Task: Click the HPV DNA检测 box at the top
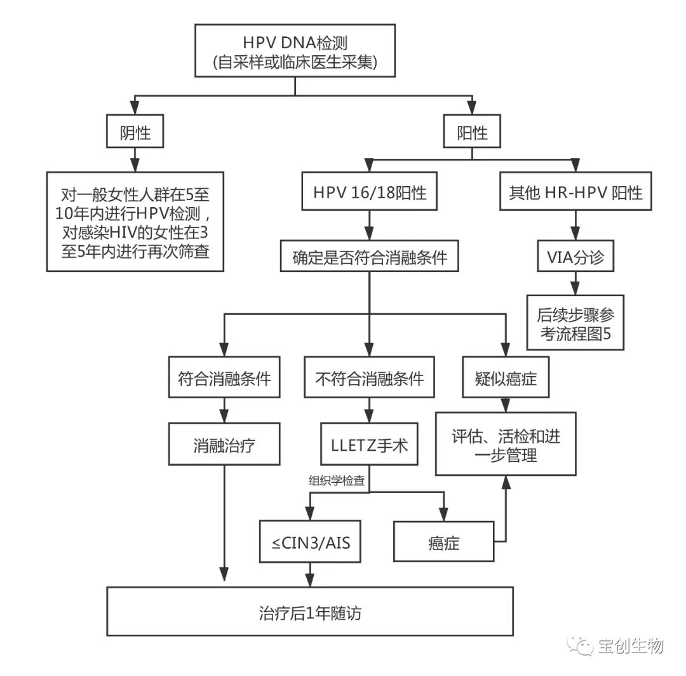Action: tap(295, 52)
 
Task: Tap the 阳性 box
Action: tap(473, 132)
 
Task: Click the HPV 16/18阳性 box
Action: tap(368, 192)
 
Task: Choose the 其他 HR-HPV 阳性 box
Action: tap(575, 192)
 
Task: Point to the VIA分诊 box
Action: tap(575, 257)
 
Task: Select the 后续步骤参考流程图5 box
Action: tap(575, 322)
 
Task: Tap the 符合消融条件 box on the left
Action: tap(224, 379)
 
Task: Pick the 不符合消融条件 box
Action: tap(370, 379)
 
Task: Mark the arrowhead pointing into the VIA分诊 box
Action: tap(575, 236)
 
